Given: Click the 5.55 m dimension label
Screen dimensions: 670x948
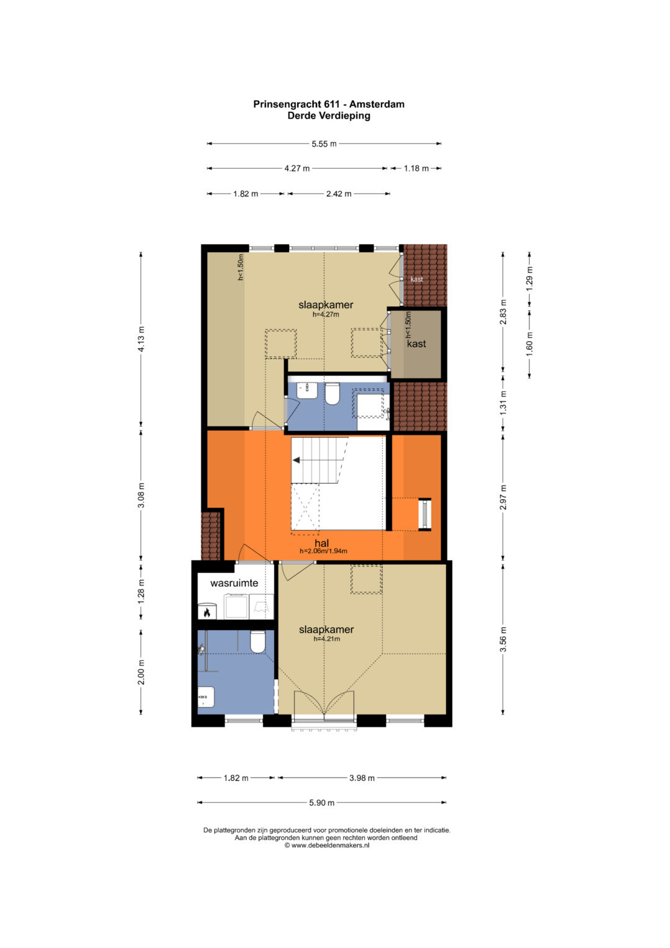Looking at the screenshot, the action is pyautogui.click(x=324, y=144).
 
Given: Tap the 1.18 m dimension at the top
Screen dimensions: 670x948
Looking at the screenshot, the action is pyautogui.click(x=416, y=168).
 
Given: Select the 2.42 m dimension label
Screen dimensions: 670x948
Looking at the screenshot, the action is pyautogui.click(x=339, y=194).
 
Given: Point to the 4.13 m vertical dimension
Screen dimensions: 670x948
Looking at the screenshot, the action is pyautogui.click(x=141, y=338).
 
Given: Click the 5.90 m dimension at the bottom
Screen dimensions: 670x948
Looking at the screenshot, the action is pyautogui.click(x=322, y=802).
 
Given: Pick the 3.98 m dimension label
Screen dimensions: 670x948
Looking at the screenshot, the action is pyautogui.click(x=362, y=778).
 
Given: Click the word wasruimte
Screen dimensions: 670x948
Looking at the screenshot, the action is pyautogui.click(x=234, y=583).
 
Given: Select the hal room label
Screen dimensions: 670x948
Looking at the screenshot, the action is pyautogui.click(x=322, y=543).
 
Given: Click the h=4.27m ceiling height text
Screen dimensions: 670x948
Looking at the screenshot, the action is pyautogui.click(x=326, y=315).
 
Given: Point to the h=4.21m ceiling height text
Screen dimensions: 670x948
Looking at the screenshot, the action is pyautogui.click(x=326, y=639).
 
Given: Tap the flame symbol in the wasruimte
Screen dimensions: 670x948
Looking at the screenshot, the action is pyautogui.click(x=207, y=612).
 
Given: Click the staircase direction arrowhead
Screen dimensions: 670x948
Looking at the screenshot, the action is pyautogui.click(x=296, y=460).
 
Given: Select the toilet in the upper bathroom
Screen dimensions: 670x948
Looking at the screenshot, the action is pyautogui.click(x=333, y=394).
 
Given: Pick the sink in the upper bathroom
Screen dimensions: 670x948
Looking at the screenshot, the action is pyautogui.click(x=307, y=390).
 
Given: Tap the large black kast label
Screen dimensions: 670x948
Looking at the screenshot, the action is pyautogui.click(x=416, y=344).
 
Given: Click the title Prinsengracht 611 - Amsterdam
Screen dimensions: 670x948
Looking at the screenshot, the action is pyautogui.click(x=329, y=104).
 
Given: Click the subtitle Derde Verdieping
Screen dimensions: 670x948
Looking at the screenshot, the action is pyautogui.click(x=329, y=115).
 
